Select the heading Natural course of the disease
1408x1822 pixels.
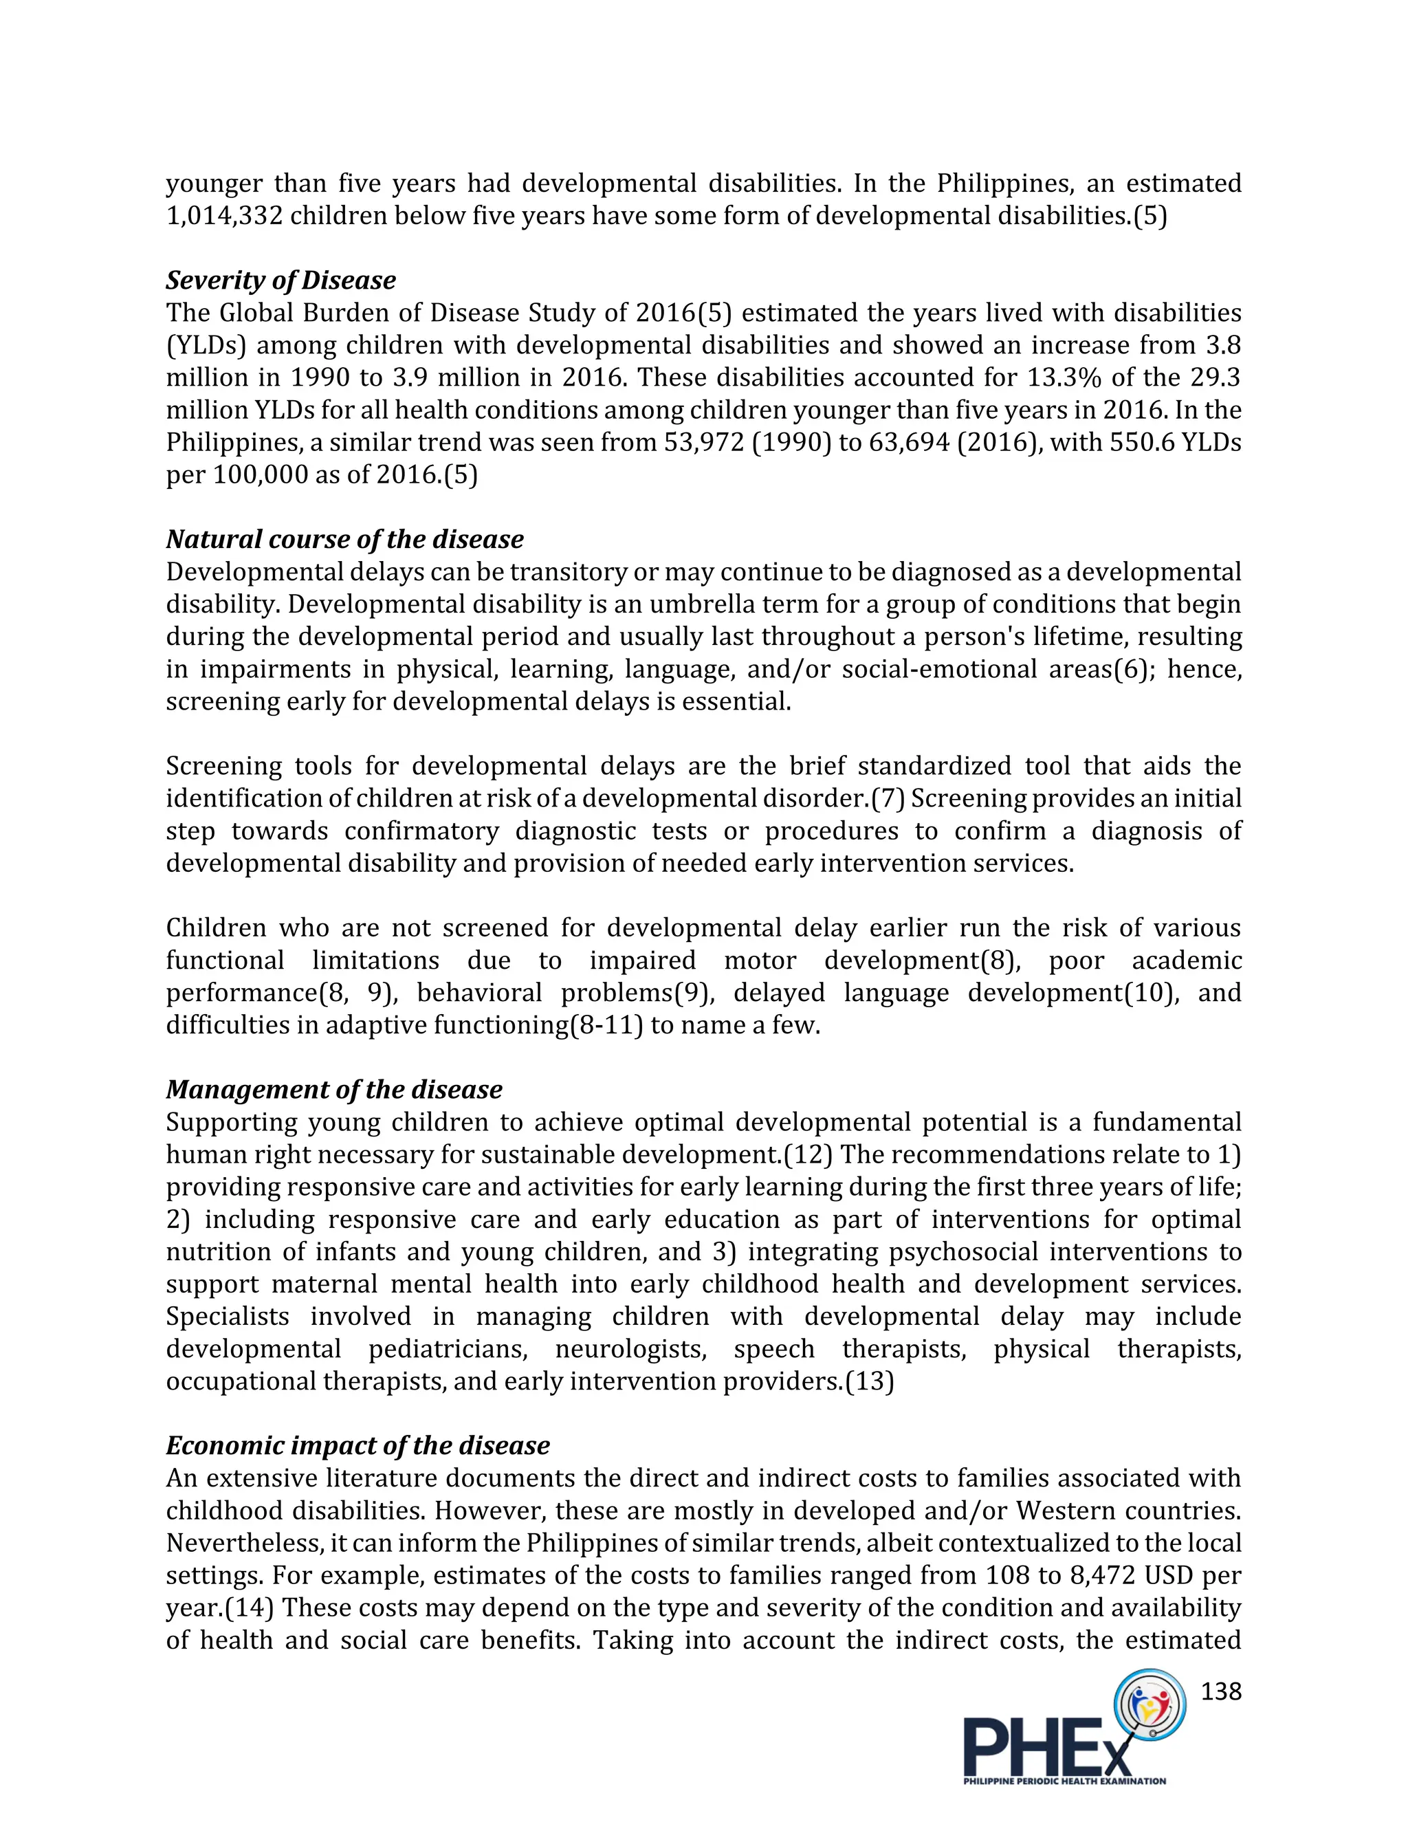point(344,539)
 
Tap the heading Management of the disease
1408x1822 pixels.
point(333,1090)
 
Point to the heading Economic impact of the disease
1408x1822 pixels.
point(357,1446)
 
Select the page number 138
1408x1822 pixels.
point(1221,1691)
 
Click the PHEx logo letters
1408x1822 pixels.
point(1047,1744)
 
